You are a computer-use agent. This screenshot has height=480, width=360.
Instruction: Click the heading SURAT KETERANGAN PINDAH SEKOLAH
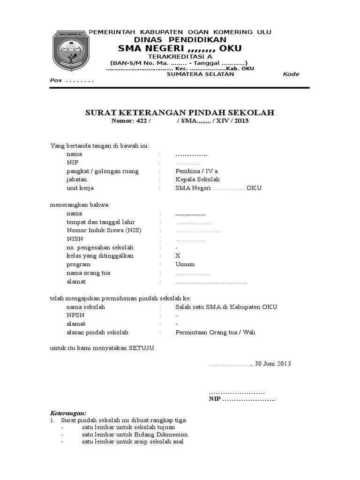coord(180,112)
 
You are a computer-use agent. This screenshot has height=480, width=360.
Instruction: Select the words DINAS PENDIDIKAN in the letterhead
coord(180,40)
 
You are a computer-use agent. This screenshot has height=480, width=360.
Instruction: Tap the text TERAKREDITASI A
coord(180,57)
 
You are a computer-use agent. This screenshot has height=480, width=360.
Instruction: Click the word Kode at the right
coord(291,75)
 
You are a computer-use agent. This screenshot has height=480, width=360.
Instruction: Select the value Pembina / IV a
coord(196,171)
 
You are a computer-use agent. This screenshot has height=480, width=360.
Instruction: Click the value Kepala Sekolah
coord(197,180)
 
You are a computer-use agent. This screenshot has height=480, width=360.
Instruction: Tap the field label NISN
coord(74,239)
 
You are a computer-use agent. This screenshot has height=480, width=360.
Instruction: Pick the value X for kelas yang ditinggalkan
coord(178,256)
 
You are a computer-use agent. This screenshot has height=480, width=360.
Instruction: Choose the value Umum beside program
coord(185,264)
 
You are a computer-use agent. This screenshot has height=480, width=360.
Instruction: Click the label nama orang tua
coord(89,273)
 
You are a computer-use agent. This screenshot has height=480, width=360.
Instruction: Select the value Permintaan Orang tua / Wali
coord(215,332)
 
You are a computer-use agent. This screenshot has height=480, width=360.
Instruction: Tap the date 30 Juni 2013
coord(273,364)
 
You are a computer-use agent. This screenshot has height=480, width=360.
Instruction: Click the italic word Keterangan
coord(68,413)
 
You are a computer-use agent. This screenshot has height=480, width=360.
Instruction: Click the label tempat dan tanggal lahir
coord(100,222)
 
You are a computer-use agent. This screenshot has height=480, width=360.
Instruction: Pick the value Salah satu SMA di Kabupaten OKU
coord(226,307)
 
